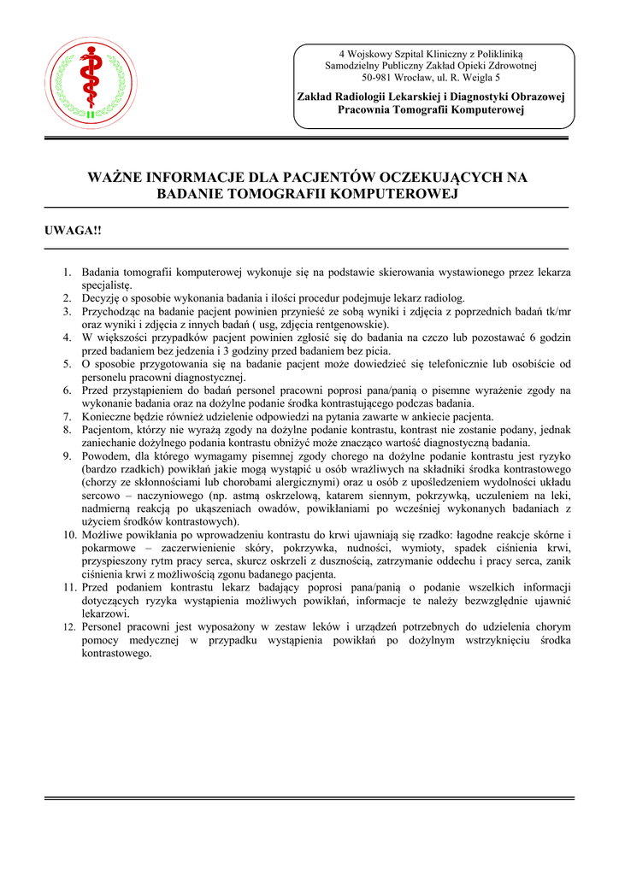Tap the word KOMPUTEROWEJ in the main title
point(390,194)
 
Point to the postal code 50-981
point(379,78)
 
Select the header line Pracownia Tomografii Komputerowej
point(430,110)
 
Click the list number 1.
point(66,273)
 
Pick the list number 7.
point(66,417)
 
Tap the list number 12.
point(68,626)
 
